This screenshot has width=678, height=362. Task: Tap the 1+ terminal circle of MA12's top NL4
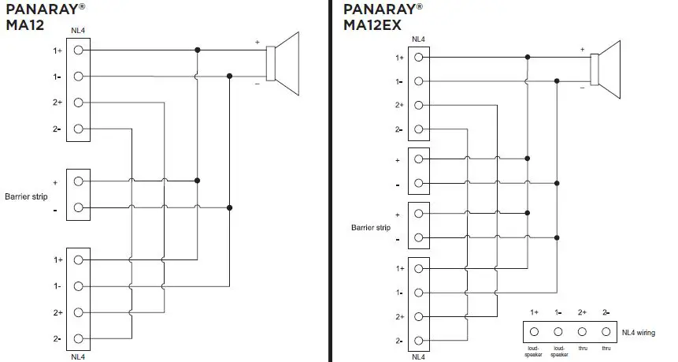pyautogui.click(x=79, y=50)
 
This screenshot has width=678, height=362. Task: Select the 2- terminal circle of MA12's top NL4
pyautogui.click(x=79, y=129)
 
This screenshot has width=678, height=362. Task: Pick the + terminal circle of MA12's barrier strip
pyautogui.click(x=79, y=181)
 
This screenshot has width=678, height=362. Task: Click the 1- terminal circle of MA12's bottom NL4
pyautogui.click(x=79, y=286)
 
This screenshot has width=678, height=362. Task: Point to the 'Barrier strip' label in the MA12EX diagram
pyautogui.click(x=371, y=227)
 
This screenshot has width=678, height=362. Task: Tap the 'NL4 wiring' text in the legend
pyautogui.click(x=640, y=332)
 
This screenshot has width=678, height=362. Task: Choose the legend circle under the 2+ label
pyautogui.click(x=583, y=332)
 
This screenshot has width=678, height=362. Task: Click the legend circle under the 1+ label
pyautogui.click(x=534, y=332)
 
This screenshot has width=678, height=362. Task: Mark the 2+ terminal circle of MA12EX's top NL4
pyautogui.click(x=418, y=105)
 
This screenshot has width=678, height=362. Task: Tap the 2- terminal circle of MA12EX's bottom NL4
pyautogui.click(x=418, y=341)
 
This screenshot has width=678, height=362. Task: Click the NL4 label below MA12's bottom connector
pyautogui.click(x=77, y=356)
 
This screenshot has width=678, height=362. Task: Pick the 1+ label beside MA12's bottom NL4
pyautogui.click(x=57, y=259)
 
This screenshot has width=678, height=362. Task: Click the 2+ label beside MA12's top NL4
pyautogui.click(x=57, y=103)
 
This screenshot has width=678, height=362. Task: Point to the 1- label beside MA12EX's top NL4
pyautogui.click(x=399, y=81)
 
